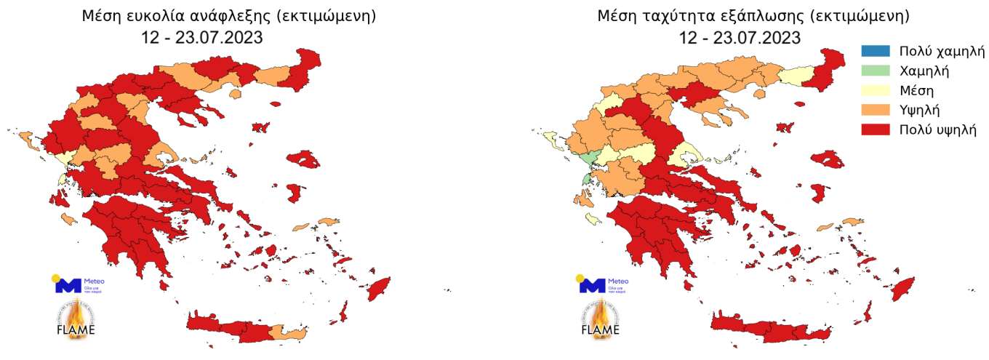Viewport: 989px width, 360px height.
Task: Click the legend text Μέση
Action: pos(916,91)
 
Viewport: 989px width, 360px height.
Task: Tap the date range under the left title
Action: pos(201,37)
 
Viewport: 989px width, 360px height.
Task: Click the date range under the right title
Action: pos(740,37)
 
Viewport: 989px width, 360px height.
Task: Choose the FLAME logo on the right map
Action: pos(601,321)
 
